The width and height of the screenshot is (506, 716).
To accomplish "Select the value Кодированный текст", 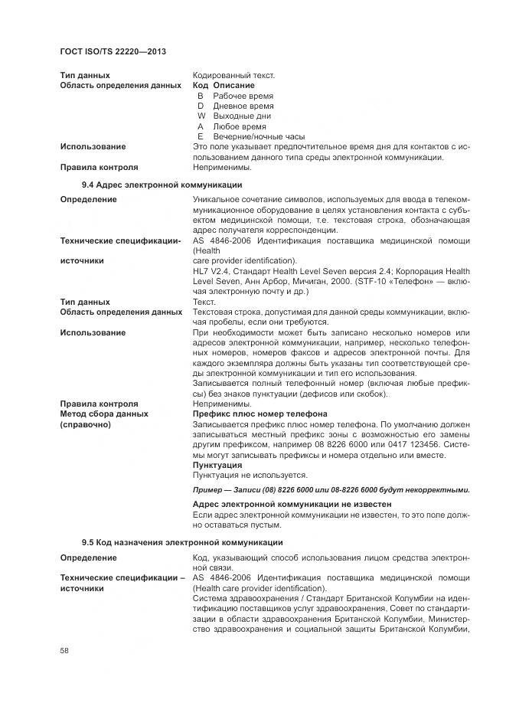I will click(x=233, y=75).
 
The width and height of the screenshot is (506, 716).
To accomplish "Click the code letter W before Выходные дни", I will click(x=201, y=116).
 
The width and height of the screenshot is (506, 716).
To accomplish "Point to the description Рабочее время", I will click(x=243, y=96).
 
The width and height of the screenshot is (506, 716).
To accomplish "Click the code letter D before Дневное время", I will click(x=201, y=106).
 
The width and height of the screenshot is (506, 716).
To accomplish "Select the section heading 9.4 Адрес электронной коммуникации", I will click(x=162, y=185).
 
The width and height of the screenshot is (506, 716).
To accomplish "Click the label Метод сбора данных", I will click(x=104, y=414).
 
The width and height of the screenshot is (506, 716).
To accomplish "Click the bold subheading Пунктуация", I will click(x=217, y=464).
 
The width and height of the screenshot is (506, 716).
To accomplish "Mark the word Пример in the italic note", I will click(x=207, y=489).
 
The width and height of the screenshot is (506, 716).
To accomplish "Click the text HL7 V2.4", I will click(x=211, y=270).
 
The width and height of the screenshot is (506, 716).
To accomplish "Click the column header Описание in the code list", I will click(x=233, y=86).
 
